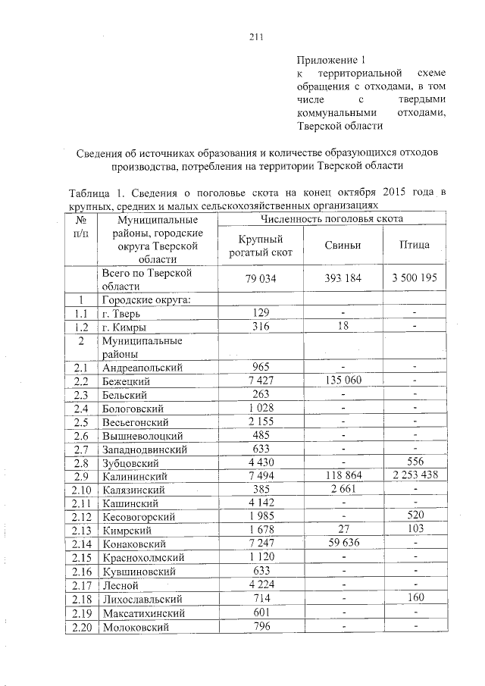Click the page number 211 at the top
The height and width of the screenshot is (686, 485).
tap(255, 40)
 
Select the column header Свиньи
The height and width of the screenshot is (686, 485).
tap(343, 246)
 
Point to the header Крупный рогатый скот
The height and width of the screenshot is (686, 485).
tap(261, 246)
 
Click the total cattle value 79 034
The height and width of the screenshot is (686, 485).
tap(261, 279)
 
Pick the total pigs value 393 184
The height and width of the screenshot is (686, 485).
tap(343, 279)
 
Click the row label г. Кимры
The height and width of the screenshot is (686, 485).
tap(124, 327)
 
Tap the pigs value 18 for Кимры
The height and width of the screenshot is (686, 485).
tap(343, 327)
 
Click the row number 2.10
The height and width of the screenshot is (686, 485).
tap(80, 490)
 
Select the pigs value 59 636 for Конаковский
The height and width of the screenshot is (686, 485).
tap(343, 543)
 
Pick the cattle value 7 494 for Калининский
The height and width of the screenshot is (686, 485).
tap(261, 476)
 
